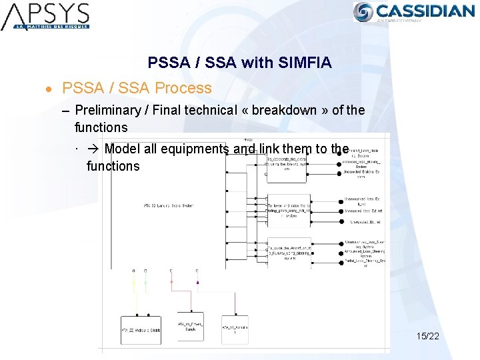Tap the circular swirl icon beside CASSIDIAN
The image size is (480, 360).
pyautogui.click(x=363, y=12)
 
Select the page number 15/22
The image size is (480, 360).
pyautogui.click(x=427, y=336)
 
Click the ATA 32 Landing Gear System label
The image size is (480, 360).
pyautogui.click(x=169, y=205)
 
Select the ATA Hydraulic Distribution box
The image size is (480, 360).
pyautogui.click(x=141, y=329)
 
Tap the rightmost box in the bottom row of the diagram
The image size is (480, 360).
pyautogui.click(x=235, y=329)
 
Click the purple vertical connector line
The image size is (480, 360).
pyautogui.click(x=197, y=293)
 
